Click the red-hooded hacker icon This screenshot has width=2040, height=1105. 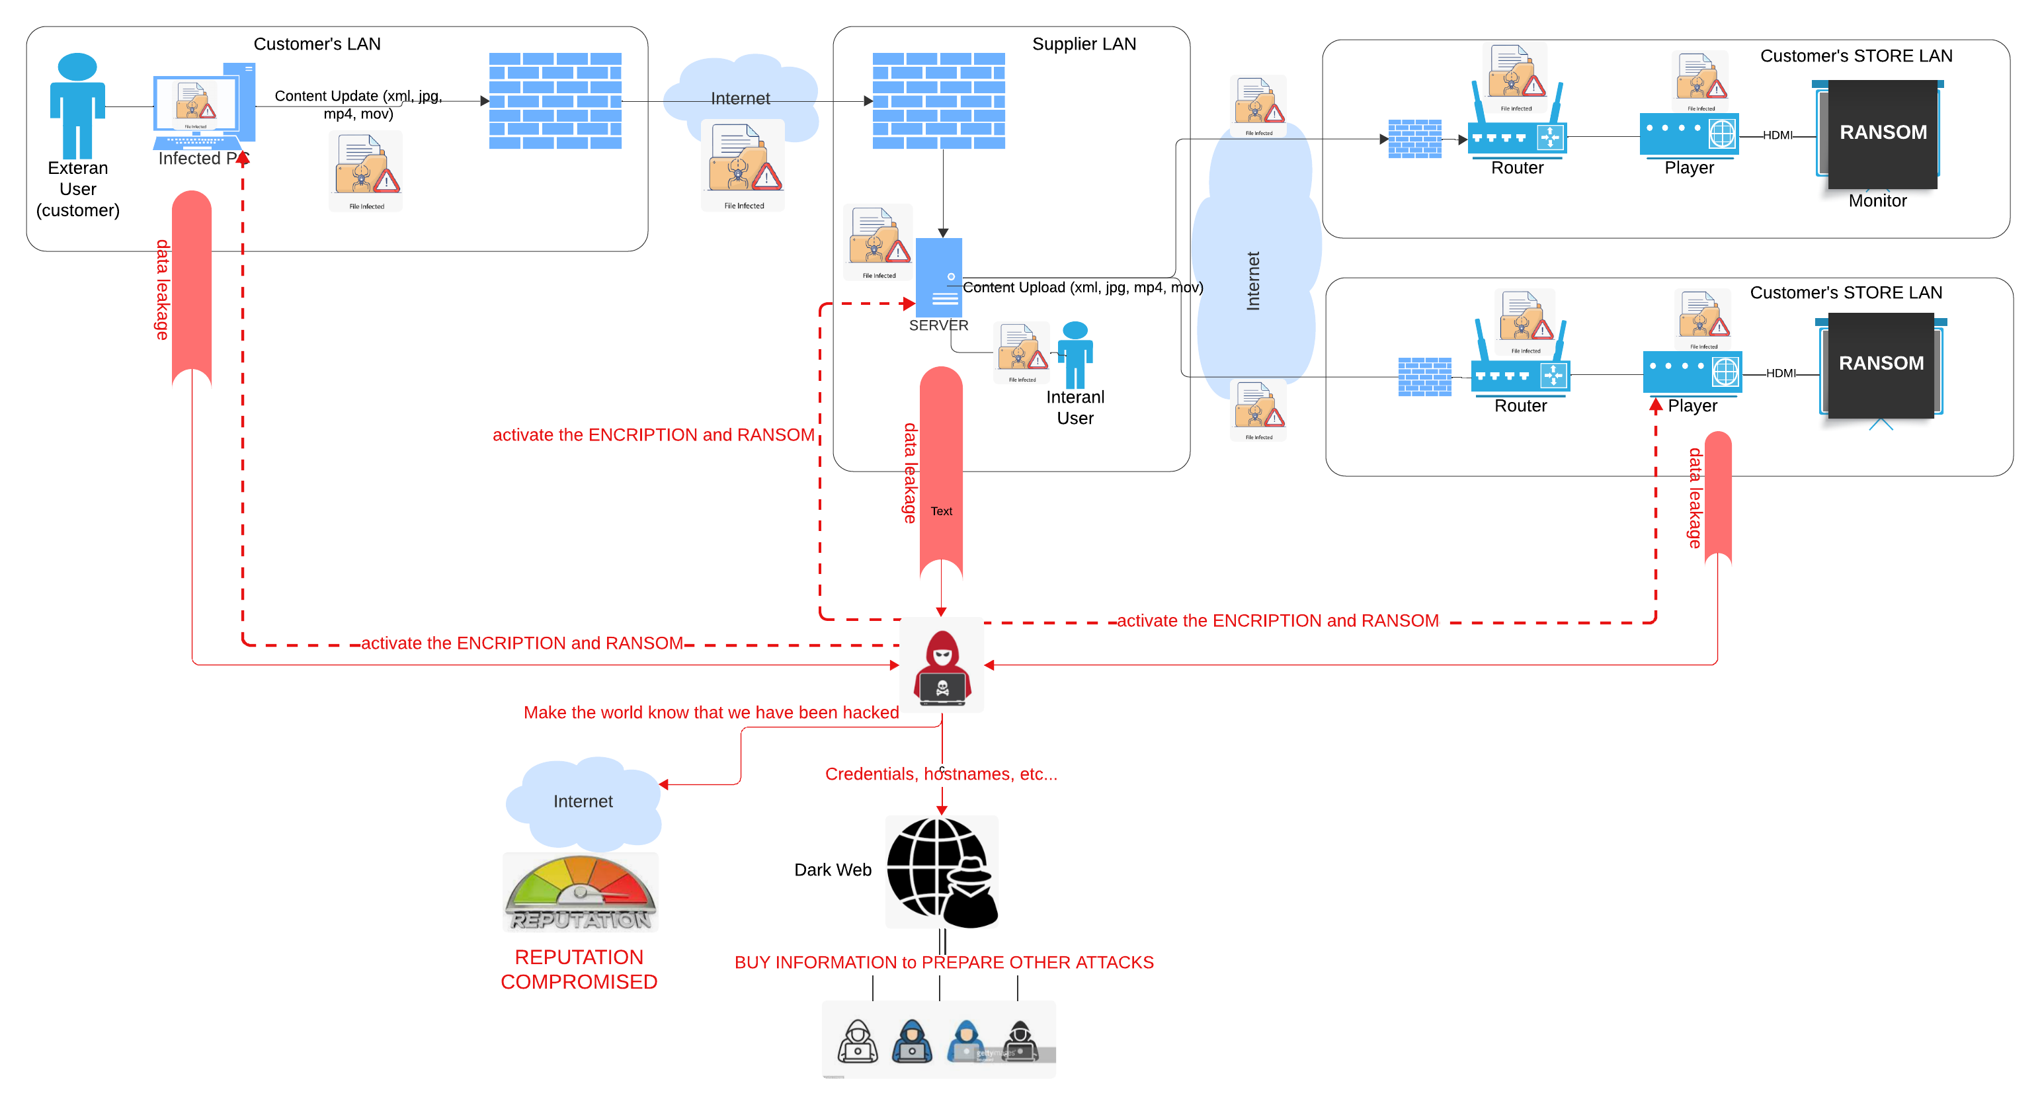point(942,665)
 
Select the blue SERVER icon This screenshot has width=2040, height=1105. point(939,278)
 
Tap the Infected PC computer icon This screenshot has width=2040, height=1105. point(204,107)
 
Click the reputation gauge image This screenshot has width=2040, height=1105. point(581,892)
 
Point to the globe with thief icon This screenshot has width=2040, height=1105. point(942,872)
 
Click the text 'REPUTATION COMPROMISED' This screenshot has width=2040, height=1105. point(579,969)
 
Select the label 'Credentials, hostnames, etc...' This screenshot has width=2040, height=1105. point(941,774)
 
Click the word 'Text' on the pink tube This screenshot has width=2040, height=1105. point(941,511)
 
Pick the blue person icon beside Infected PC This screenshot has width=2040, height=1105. point(77,106)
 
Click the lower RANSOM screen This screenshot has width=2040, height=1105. point(1881,364)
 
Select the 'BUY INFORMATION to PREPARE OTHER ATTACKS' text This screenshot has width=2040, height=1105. point(944,962)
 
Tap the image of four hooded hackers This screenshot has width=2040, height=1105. point(938,1040)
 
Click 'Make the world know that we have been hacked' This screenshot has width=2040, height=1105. point(710,712)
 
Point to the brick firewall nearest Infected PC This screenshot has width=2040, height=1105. point(555,101)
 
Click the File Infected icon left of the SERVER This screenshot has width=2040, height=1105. point(877,241)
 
